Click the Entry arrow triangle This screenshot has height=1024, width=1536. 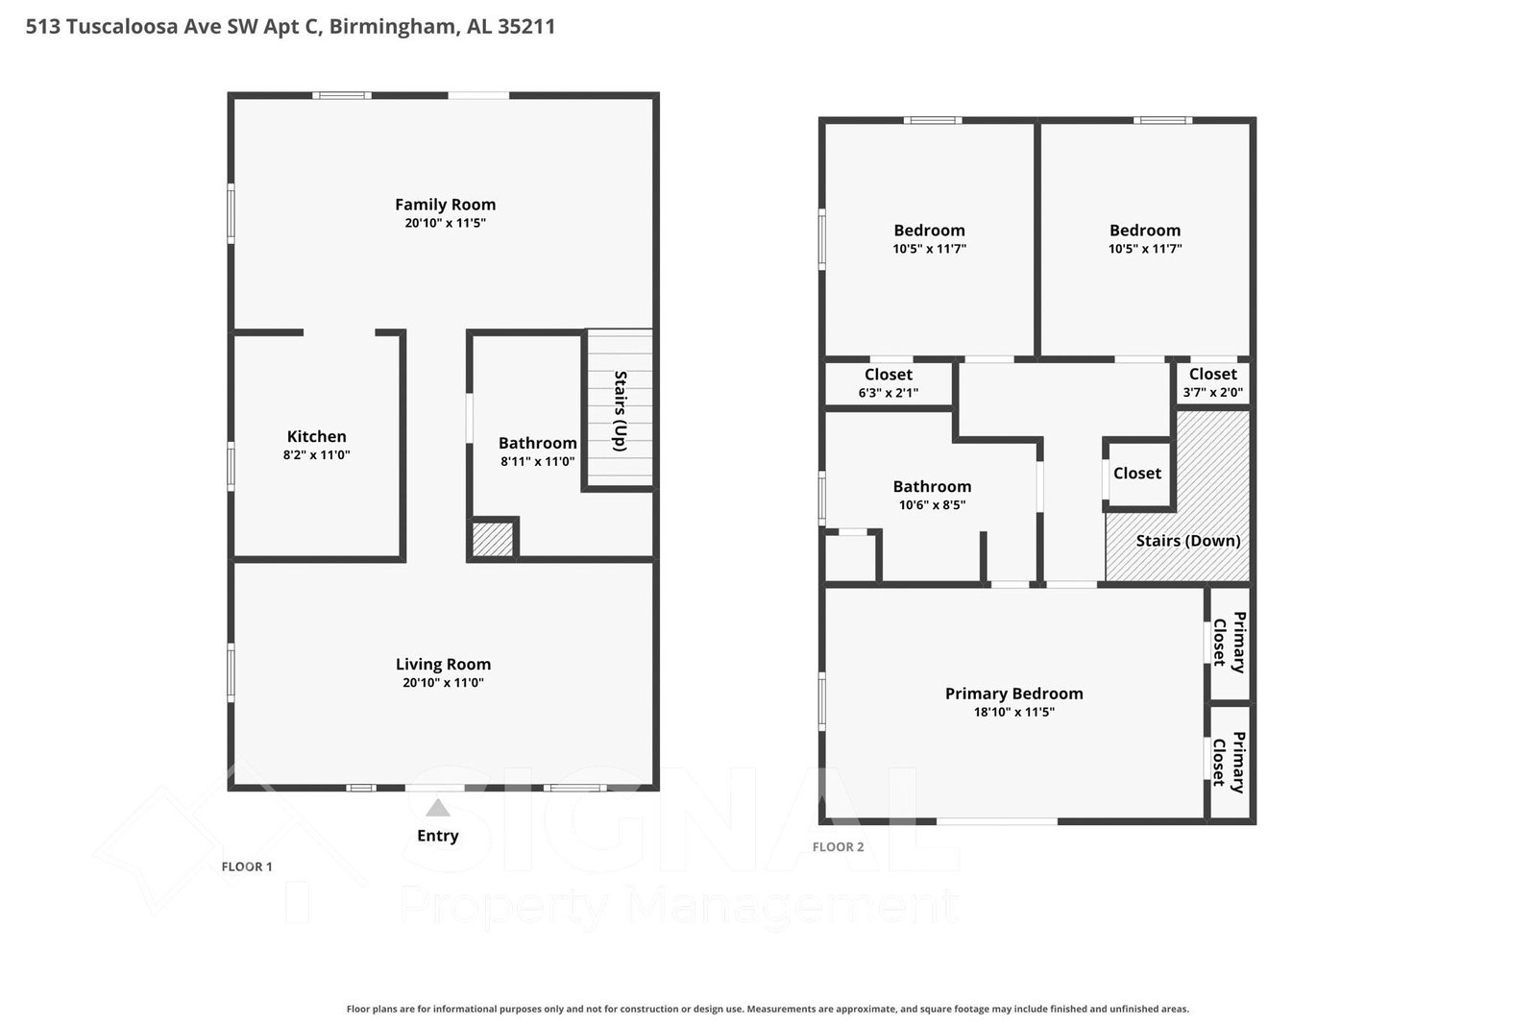tap(437, 807)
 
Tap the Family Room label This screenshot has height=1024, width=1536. tap(445, 205)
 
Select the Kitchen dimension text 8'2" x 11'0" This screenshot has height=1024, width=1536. tap(316, 454)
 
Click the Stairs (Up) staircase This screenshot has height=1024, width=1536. tap(620, 409)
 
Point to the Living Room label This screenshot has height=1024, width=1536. tap(443, 664)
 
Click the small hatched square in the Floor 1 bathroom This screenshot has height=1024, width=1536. tap(493, 539)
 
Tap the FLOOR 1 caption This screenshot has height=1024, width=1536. tap(247, 866)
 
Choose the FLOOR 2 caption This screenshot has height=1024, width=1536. tap(838, 846)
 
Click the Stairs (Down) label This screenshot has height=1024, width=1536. tap(1188, 541)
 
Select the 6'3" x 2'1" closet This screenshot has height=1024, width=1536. tap(888, 383)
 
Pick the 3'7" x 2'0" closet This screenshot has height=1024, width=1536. tap(1213, 383)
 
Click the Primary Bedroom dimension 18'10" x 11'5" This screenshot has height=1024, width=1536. tap(1014, 712)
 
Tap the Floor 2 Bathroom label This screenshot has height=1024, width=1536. tap(932, 486)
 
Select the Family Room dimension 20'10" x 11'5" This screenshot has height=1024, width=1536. tap(445, 223)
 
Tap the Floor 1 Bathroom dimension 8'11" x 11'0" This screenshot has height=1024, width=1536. tap(538, 462)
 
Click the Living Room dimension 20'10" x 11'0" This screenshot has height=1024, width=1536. tap(443, 682)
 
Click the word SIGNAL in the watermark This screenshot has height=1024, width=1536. tap(679, 819)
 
